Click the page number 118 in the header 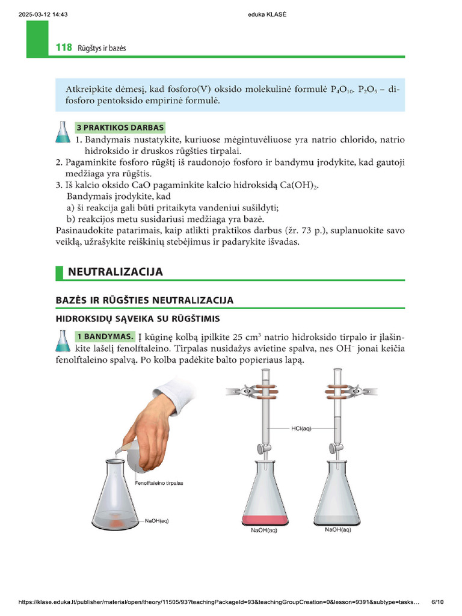[63, 47]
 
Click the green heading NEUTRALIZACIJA [115, 272]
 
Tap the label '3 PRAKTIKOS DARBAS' [120, 128]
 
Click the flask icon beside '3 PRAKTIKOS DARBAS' [63, 132]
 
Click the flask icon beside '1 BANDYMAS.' [63, 340]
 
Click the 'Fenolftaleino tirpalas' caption [159, 483]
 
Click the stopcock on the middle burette [263, 448]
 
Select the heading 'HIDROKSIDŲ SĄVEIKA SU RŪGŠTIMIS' [138, 318]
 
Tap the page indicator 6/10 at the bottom [437, 602]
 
